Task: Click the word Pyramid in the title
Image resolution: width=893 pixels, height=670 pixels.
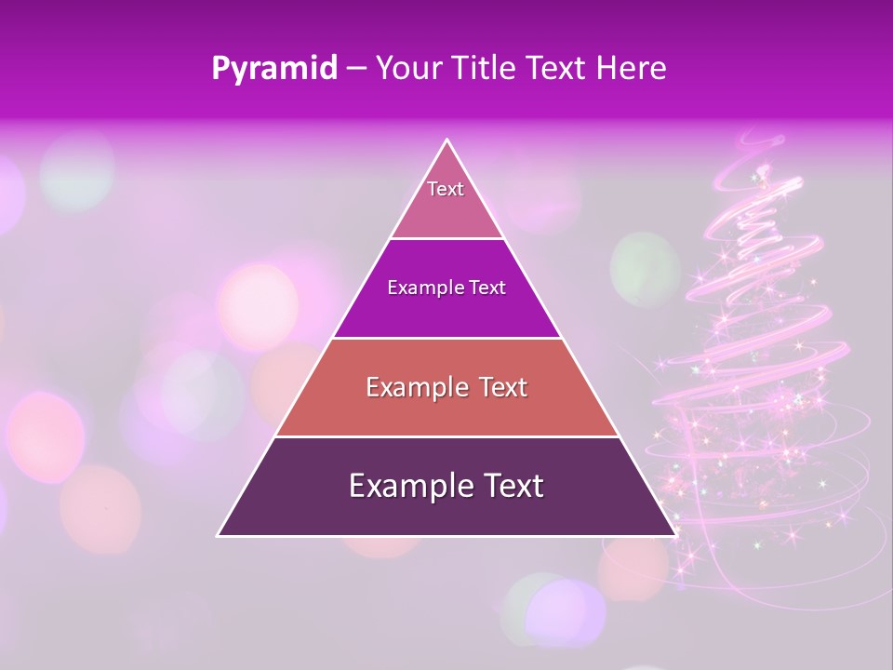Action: (273, 69)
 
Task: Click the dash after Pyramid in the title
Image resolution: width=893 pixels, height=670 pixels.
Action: (355, 70)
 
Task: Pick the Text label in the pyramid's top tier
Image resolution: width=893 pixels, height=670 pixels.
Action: (446, 189)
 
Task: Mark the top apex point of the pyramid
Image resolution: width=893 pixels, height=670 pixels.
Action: (447, 141)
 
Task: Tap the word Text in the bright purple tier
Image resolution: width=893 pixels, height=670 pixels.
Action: (487, 288)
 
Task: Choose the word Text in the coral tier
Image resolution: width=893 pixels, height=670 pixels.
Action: (502, 387)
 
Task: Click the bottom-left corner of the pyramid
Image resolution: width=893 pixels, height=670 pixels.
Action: (219, 535)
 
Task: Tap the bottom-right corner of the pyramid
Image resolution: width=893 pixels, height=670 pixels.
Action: (674, 535)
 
